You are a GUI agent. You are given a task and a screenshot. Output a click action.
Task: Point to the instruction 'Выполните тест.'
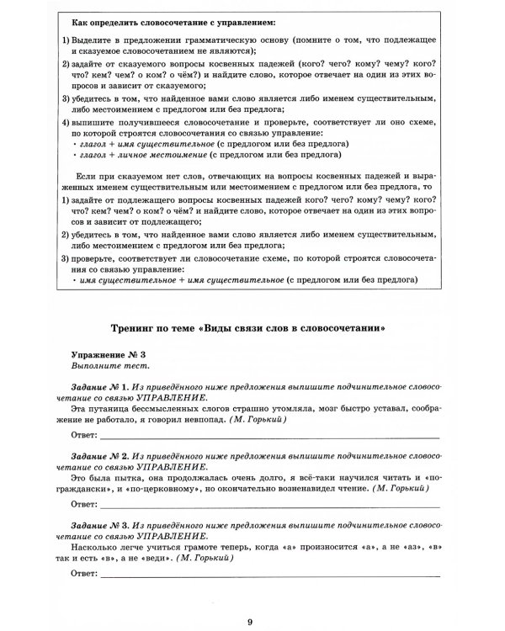click(x=99, y=367)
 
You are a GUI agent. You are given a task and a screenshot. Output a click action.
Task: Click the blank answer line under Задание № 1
click(x=269, y=437)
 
